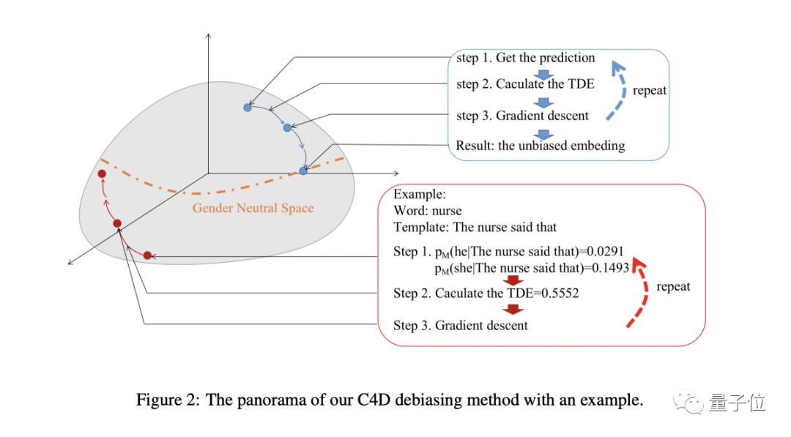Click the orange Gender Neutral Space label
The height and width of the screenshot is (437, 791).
(253, 208)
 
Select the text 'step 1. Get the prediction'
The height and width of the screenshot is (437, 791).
(525, 58)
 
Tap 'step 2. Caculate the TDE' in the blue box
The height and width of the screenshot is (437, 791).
(525, 83)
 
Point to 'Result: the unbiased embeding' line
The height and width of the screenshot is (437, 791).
(540, 145)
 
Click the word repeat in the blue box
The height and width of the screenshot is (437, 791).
(649, 91)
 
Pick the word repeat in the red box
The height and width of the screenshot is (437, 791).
(673, 287)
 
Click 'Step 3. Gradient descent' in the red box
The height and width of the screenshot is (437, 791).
(460, 325)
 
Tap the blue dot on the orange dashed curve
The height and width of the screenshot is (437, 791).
(303, 171)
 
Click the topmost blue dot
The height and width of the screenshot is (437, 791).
(248, 108)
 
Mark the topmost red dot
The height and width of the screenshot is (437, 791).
(103, 174)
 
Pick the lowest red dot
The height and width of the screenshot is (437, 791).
(147, 255)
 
